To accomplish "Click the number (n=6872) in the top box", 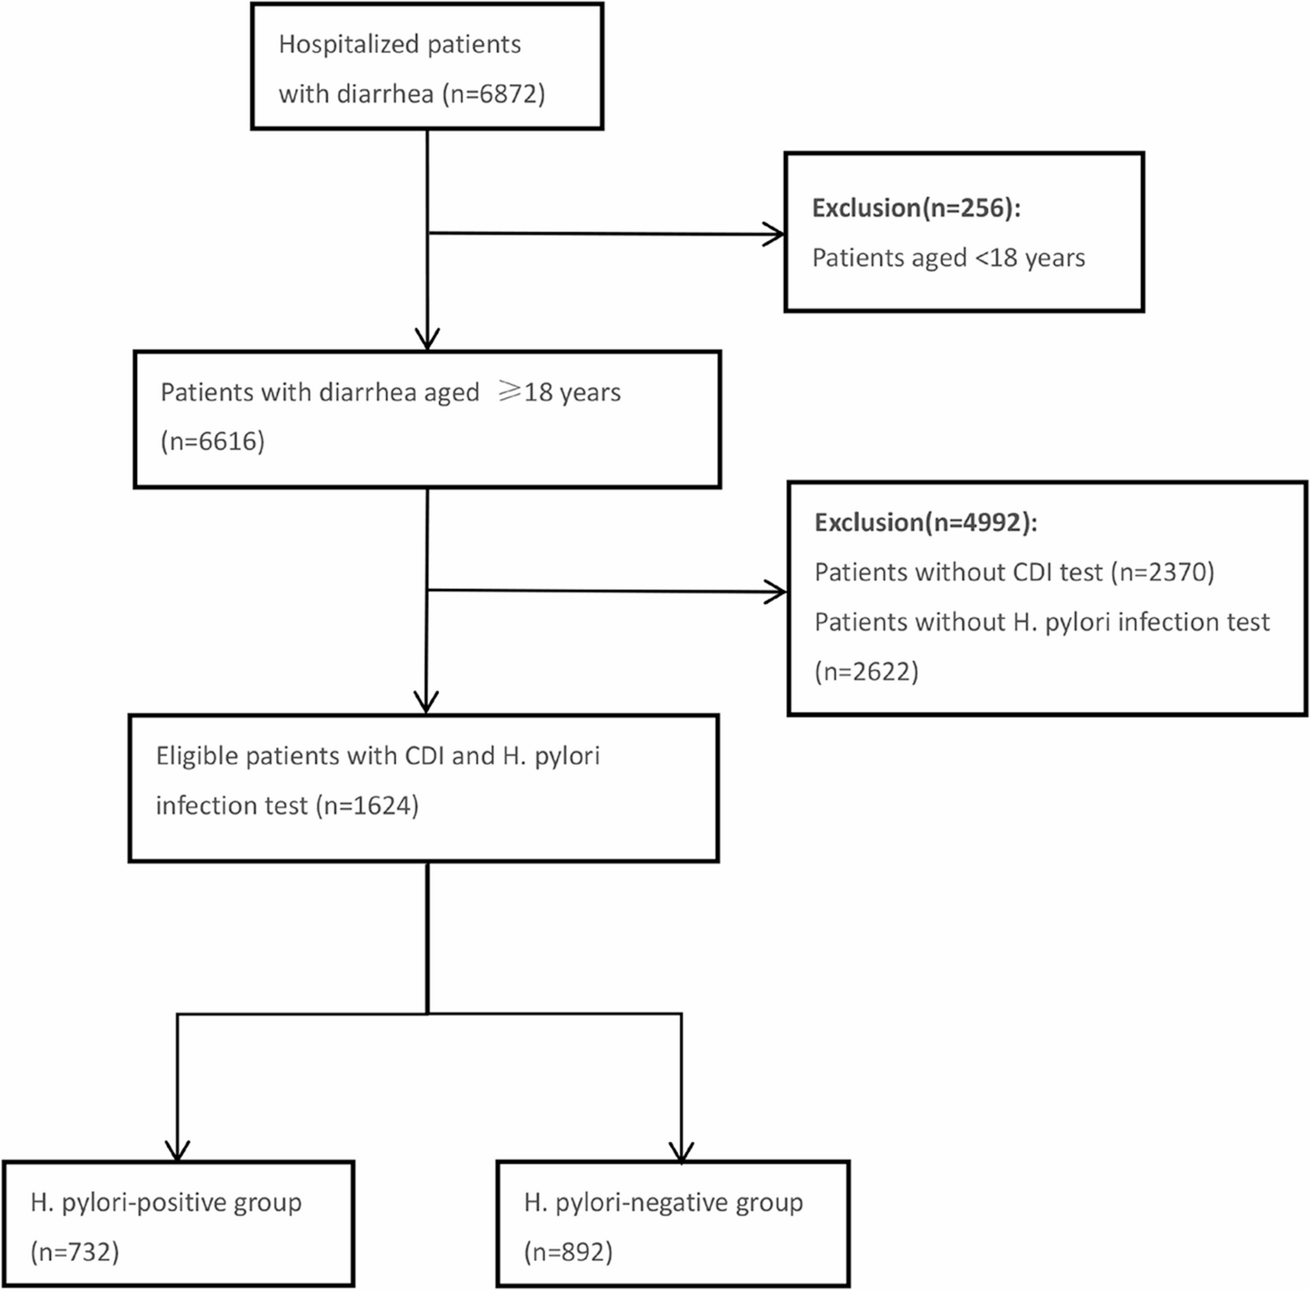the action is (494, 94).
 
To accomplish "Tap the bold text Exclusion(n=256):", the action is (916, 208).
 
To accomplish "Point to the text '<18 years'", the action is (1029, 259).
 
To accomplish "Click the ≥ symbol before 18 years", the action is (509, 391).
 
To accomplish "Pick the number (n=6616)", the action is (213, 441).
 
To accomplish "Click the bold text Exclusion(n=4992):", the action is (926, 523).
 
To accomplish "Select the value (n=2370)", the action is (1162, 572).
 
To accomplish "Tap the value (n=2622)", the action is (867, 672).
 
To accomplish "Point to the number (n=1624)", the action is (367, 805).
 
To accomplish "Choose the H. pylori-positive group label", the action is (166, 1203).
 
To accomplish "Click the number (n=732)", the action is (75, 1251).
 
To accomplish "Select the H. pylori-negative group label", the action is (663, 1203).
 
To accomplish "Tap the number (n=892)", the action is (568, 1251).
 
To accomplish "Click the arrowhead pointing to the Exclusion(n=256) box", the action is (774, 235).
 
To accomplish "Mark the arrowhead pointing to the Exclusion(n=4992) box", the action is (776, 592).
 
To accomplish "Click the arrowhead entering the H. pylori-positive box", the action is (178, 1151).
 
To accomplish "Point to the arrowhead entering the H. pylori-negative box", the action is (682, 1151).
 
